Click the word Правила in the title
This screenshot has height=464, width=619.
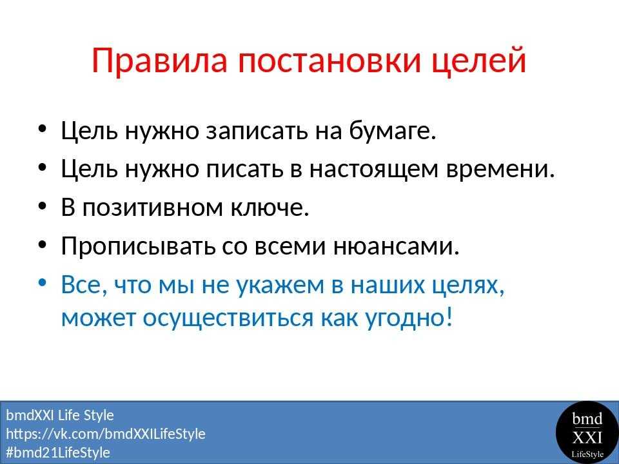click(159, 61)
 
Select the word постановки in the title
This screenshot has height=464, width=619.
click(329, 61)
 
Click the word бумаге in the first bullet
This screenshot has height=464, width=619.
click(393, 130)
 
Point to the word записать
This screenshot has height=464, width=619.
click(257, 131)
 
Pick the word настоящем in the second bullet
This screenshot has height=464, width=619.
click(374, 169)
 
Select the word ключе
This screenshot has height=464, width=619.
click(270, 206)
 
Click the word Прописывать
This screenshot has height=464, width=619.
click(138, 246)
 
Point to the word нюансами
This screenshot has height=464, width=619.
click(397, 246)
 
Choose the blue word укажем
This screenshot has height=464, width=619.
click(280, 284)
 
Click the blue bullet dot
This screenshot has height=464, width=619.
click(43, 284)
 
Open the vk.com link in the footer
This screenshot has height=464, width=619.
click(106, 434)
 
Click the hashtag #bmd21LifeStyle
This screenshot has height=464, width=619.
click(58, 452)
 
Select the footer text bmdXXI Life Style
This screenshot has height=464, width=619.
click(60, 416)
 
